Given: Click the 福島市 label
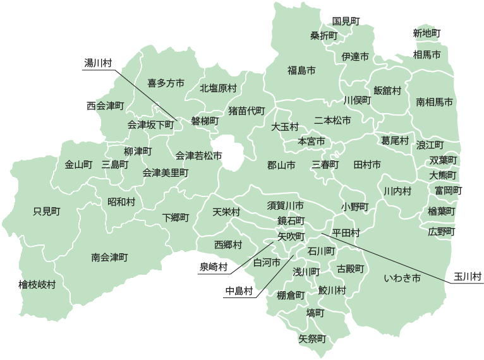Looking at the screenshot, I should coord(301,69).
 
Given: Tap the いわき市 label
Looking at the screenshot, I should coord(402,277).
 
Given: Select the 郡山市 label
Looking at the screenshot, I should coord(281,165).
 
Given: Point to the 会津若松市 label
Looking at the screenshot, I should coord(198,155).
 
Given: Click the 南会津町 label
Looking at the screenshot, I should coord(109,257).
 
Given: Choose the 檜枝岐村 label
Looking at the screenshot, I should coord(37,285).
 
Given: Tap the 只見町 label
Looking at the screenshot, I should coord(46,211).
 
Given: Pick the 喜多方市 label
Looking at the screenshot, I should coord(166,83).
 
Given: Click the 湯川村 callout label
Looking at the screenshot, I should coord(98,63).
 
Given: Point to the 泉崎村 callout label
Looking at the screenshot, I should coord(213,267).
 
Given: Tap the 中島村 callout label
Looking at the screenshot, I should coord(239,291).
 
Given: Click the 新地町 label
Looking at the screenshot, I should coord(427,33).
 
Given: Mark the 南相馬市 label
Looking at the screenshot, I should coord(435,101).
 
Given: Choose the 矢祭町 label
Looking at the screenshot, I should coord(312,339).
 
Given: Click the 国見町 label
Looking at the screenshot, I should coord(346,21).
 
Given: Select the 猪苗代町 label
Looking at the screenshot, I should coord(246,111).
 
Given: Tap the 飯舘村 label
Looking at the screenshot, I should coord(387,90).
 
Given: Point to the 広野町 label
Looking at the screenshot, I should coord(441,231).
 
